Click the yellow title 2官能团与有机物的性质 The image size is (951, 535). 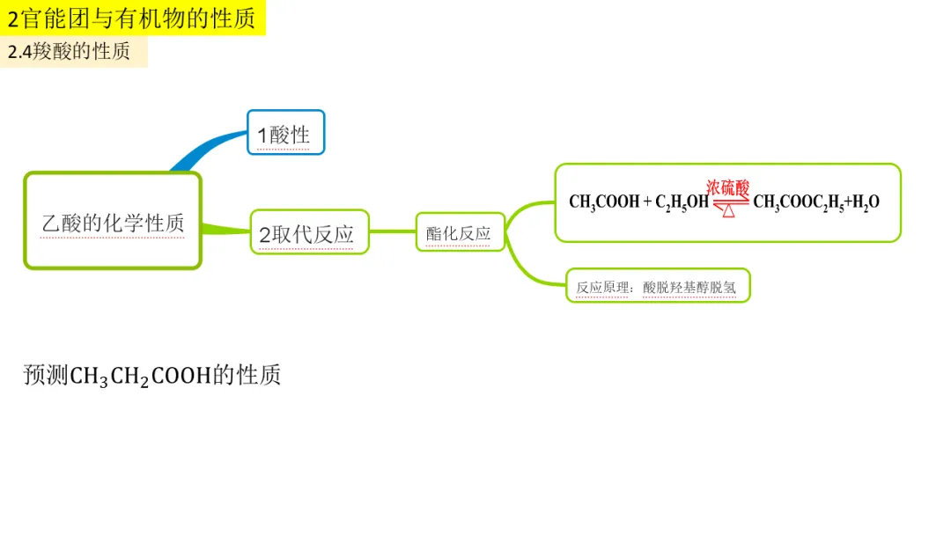click(131, 18)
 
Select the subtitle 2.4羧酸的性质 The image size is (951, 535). click(70, 52)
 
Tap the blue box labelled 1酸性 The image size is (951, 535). click(285, 133)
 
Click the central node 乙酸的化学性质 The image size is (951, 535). click(113, 221)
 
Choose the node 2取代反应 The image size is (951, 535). click(309, 232)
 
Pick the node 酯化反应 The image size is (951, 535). click(460, 232)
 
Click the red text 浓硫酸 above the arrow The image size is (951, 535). click(728, 187)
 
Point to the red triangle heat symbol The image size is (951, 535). click(728, 211)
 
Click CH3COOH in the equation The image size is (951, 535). click(604, 202)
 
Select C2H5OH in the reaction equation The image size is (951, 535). click(682, 202)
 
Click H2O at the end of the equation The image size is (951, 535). click(866, 202)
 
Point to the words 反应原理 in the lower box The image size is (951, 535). click(602, 287)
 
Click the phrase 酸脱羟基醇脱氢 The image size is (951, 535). click(689, 287)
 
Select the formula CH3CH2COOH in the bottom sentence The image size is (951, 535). click(141, 377)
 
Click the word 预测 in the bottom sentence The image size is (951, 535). click(46, 375)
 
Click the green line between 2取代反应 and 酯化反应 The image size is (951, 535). click(393, 231)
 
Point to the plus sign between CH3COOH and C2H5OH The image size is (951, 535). click(647, 202)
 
